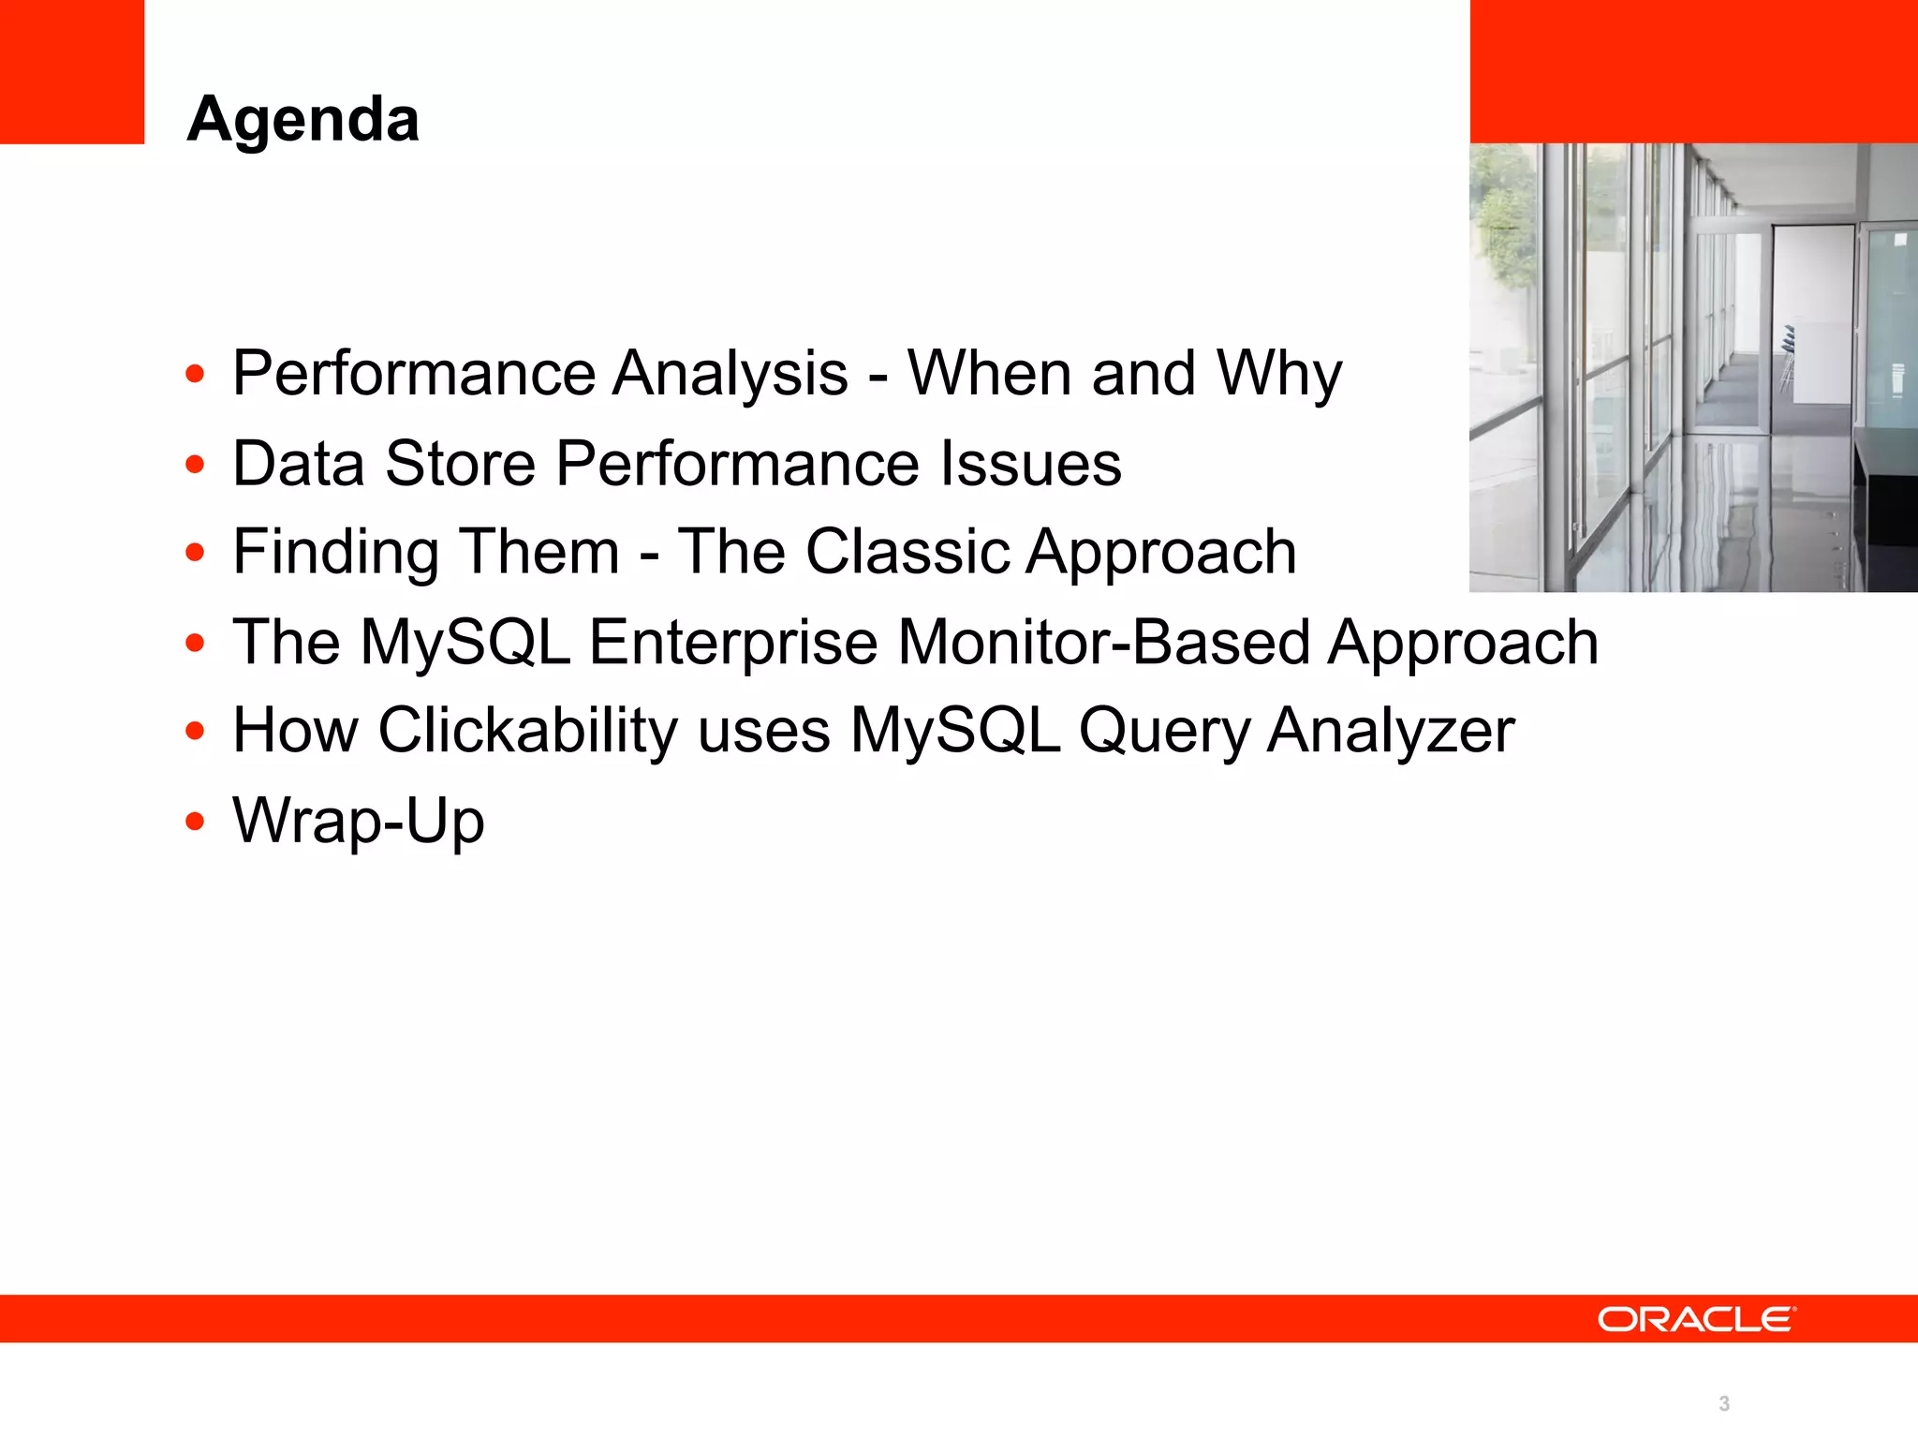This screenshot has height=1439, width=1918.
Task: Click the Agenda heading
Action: pyautogui.click(x=302, y=120)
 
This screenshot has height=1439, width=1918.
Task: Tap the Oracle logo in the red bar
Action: pyautogui.click(x=1696, y=1319)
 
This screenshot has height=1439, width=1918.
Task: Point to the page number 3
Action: pyautogui.click(x=1723, y=1403)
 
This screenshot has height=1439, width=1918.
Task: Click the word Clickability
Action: pyautogui.click(x=527, y=731)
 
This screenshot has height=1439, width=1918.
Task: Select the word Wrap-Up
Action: pyautogui.click(x=358, y=821)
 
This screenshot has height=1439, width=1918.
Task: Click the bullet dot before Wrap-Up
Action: pyautogui.click(x=195, y=822)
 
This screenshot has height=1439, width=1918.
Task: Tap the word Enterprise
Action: pyautogui.click(x=733, y=643)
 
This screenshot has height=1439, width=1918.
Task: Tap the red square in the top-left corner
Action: pyautogui.click(x=71, y=71)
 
